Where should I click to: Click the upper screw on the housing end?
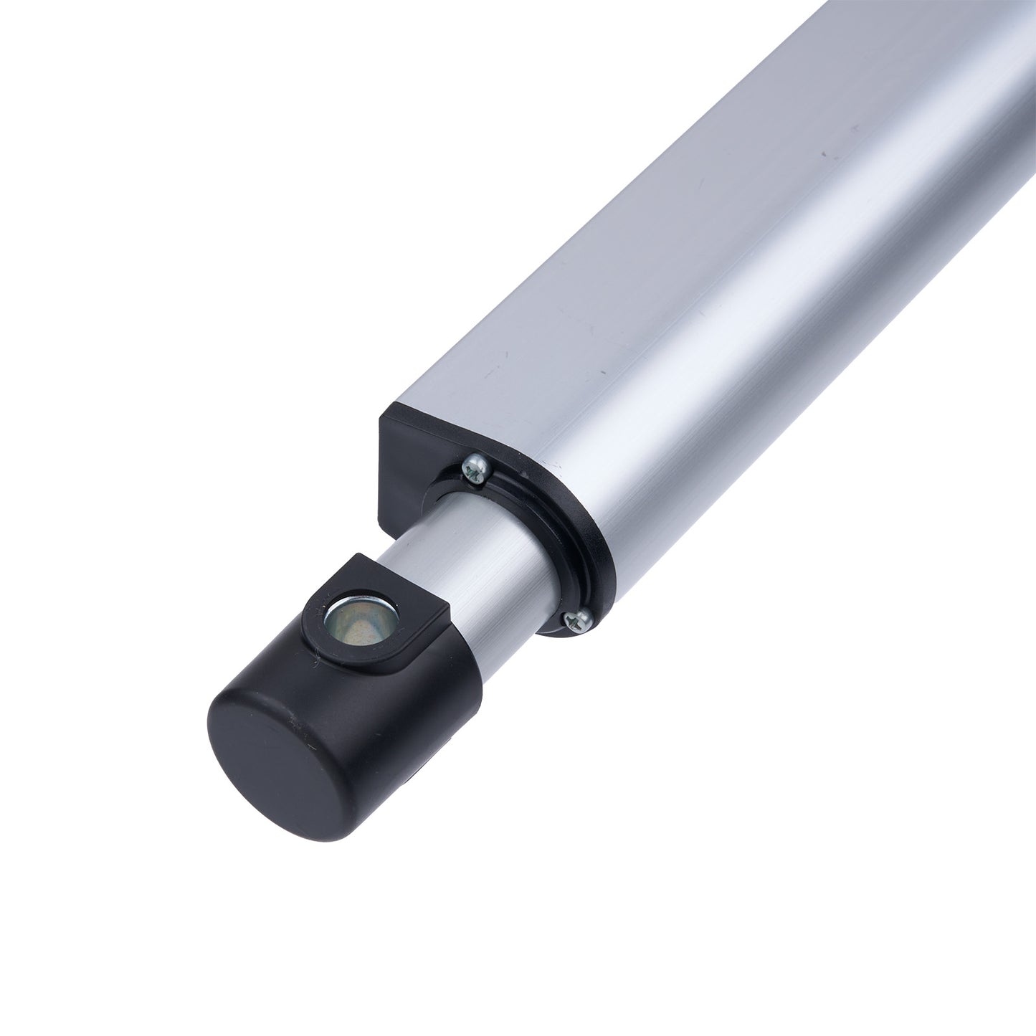tap(475, 468)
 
